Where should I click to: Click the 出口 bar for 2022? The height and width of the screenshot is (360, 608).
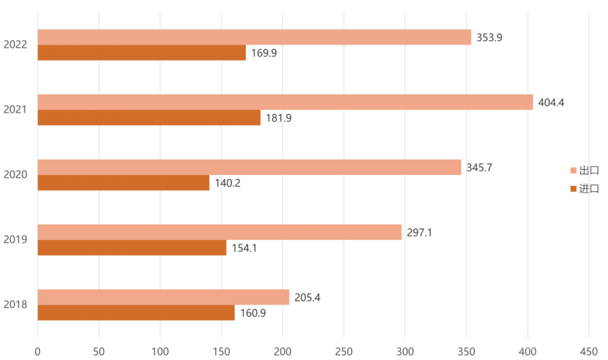pyautogui.click(x=254, y=37)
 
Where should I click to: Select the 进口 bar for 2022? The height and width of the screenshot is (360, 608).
pyautogui.click(x=141, y=53)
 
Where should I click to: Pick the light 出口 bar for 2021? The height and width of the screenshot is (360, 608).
pyautogui.click(x=285, y=102)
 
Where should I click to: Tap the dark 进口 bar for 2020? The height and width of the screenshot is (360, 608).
pyautogui.click(x=123, y=183)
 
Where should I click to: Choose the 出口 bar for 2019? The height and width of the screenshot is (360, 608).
pyautogui.click(x=219, y=232)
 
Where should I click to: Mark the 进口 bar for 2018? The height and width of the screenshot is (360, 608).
pyautogui.click(x=136, y=313)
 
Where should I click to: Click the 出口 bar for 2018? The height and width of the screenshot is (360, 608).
pyautogui.click(x=163, y=297)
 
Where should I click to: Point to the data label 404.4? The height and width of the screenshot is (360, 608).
pyautogui.click(x=551, y=102)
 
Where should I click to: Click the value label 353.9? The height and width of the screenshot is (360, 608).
pyautogui.click(x=489, y=37)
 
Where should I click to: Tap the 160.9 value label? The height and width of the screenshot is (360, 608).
pyautogui.click(x=253, y=313)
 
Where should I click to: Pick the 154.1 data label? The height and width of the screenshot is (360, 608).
pyautogui.click(x=244, y=249)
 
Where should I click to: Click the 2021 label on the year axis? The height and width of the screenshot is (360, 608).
pyautogui.click(x=15, y=110)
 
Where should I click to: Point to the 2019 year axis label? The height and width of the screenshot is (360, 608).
pyautogui.click(x=15, y=239)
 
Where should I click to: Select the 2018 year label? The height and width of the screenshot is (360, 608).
pyautogui.click(x=15, y=304)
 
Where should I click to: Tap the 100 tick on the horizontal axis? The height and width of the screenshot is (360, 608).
pyautogui.click(x=160, y=351)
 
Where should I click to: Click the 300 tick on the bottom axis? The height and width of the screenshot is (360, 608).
pyautogui.click(x=405, y=351)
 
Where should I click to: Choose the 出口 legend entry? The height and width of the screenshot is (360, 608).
pyautogui.click(x=584, y=170)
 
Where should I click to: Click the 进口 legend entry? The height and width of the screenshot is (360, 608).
pyautogui.click(x=584, y=189)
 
